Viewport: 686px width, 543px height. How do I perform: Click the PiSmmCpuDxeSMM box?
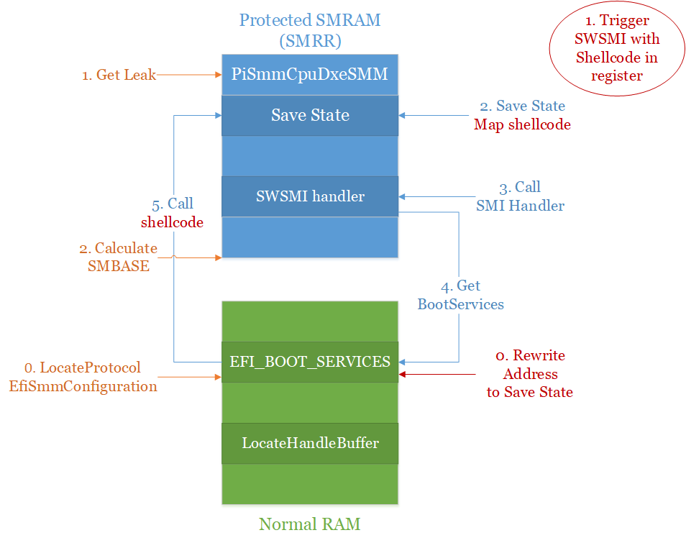coord(310,74)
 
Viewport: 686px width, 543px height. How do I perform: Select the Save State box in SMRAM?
coord(310,115)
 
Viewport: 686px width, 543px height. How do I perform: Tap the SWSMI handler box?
coord(310,196)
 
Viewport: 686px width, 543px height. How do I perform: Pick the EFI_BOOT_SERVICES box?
coord(310,362)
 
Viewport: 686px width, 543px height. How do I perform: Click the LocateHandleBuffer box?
coord(310,443)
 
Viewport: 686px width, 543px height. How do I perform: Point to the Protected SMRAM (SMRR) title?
coord(310,30)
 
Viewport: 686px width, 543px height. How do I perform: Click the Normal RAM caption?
coord(310,524)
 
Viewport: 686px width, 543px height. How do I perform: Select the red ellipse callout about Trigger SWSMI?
coord(616,48)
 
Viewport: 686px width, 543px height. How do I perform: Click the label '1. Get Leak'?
coord(119,74)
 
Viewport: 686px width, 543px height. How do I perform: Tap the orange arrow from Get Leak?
coord(188,74)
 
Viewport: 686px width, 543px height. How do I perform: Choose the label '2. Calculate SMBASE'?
coord(118,257)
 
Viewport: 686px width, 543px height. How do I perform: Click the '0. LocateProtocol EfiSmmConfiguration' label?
coord(83,377)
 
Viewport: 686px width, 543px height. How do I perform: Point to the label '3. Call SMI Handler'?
coord(520,196)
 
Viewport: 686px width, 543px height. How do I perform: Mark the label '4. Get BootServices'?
coord(460,295)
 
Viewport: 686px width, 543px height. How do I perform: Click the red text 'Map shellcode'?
coord(522,124)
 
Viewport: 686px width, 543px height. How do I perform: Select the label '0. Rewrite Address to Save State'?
coord(530,374)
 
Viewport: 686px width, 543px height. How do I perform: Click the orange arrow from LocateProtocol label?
coord(188,376)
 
